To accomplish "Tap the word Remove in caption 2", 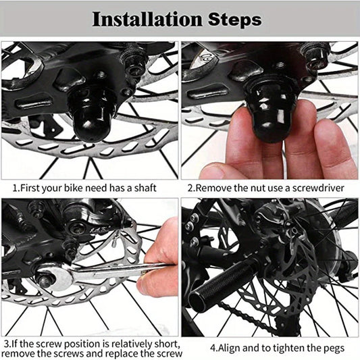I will point(214,186).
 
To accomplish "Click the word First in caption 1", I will point(30,186).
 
